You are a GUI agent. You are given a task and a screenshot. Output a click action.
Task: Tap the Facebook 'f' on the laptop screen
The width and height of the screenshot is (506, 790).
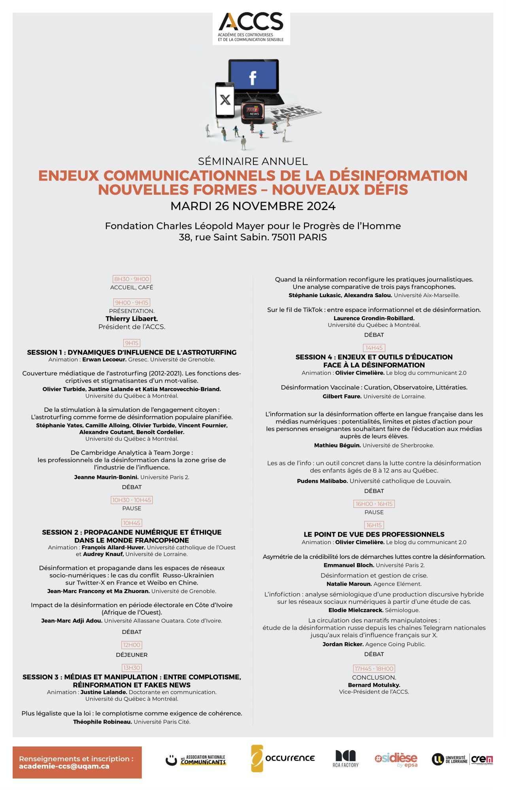pos(253,78)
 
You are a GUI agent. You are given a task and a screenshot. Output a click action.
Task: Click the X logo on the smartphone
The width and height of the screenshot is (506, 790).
pos(225,100)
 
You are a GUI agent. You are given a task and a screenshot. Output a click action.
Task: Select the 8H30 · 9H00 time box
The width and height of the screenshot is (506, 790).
pos(132,279)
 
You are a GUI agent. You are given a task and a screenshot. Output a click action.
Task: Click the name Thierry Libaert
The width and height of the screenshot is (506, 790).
pos(132,319)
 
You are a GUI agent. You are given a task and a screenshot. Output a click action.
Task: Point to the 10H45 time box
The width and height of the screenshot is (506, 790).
pos(132,523)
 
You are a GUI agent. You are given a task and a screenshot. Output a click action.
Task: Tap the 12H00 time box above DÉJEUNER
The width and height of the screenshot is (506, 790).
pos(132,645)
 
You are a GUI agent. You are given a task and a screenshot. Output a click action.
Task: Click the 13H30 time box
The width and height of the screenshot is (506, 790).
pos(132,668)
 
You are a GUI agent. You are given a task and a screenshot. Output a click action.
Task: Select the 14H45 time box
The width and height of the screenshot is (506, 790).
pos(374,348)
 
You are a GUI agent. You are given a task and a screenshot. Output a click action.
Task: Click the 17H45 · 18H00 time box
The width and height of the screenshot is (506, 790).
pos(374,669)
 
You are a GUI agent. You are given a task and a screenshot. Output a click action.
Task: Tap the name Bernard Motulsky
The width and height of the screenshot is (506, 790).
pos(374,685)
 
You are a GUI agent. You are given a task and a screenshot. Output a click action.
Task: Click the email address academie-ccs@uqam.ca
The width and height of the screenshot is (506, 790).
pos(64,766)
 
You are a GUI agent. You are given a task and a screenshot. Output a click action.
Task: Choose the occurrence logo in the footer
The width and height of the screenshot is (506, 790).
pos(283,758)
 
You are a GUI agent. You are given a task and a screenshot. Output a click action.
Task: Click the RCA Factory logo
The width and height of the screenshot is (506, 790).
pos(346,759)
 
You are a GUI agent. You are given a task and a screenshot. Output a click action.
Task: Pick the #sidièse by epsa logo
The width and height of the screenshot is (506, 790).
pos(396,759)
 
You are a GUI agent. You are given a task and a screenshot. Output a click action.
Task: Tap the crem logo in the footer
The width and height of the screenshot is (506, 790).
pos(482,759)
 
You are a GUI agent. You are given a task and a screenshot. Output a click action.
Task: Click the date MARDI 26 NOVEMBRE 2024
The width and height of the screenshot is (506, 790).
pos(253,206)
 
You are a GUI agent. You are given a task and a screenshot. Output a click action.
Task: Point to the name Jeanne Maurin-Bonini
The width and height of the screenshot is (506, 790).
pos(106,477)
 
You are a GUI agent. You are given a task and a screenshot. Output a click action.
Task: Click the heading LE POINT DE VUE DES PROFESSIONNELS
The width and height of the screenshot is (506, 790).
pos(374,534)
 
